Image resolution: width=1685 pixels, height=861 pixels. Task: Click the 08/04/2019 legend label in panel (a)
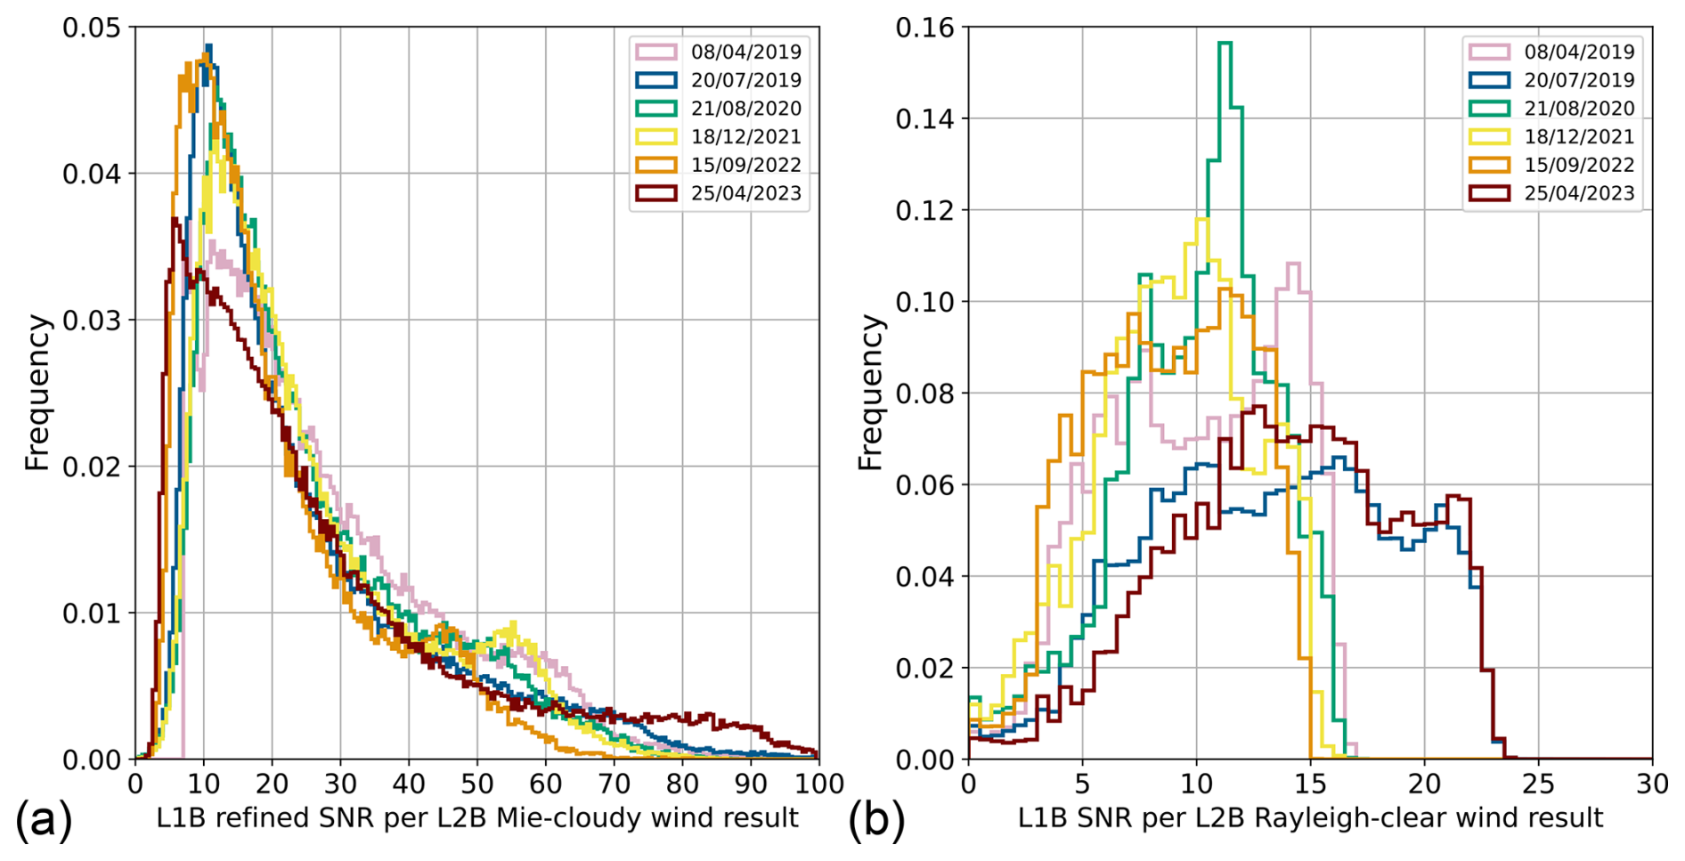[745, 52]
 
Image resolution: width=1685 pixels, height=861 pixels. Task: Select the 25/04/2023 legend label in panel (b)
[1579, 193]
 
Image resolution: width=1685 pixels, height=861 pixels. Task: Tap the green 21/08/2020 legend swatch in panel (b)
[1489, 109]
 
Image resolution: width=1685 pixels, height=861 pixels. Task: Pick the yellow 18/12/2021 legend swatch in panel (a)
[656, 137]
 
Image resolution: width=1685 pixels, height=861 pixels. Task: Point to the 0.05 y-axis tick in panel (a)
[91, 28]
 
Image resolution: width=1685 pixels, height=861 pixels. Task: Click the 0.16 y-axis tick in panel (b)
[924, 28]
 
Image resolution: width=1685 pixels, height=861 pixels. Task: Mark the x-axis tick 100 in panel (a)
[818, 784]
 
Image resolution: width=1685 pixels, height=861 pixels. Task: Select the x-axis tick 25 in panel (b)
[1538, 784]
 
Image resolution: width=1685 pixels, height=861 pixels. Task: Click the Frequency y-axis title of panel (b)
[870, 392]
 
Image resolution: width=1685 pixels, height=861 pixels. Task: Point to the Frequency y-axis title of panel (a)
[37, 392]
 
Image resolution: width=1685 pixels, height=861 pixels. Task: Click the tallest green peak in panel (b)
[1225, 43]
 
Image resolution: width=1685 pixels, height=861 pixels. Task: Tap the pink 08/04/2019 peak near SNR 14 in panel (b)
[1293, 264]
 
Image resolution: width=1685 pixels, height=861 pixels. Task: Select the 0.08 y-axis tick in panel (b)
[924, 394]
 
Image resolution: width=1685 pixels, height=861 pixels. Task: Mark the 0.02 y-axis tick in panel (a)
[91, 467]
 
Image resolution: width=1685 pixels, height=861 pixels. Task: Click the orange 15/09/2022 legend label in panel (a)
[745, 165]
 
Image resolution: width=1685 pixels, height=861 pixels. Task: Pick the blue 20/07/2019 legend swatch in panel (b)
[1489, 80]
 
